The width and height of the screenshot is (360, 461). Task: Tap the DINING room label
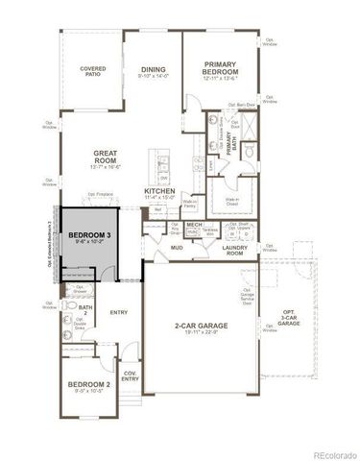tap(154, 71)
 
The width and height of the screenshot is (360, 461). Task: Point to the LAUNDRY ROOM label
tap(235, 252)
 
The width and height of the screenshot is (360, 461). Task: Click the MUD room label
tap(178, 248)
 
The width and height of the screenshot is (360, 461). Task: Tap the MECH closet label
tap(194, 224)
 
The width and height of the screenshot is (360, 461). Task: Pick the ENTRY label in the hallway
tap(119, 313)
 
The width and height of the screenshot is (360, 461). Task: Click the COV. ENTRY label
tap(130, 377)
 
